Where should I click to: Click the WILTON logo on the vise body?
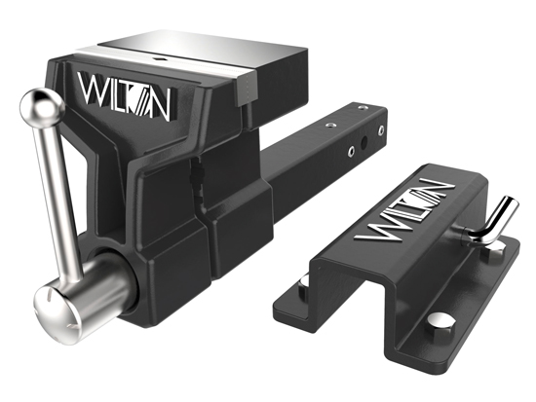124,96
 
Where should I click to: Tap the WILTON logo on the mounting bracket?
404,209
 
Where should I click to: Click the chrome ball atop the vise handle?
42,105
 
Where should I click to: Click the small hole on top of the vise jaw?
160,59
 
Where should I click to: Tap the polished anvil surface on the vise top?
202,49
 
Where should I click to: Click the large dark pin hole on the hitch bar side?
364,141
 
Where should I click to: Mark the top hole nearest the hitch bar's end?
363,108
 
